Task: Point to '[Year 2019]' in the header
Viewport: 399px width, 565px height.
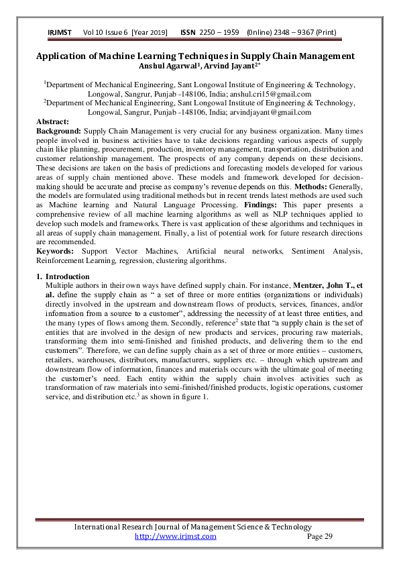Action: coord(151,32)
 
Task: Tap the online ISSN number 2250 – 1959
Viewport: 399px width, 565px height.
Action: coord(218,32)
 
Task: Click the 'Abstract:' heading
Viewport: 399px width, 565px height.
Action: coord(52,121)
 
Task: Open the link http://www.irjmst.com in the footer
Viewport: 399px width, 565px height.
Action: coord(175,536)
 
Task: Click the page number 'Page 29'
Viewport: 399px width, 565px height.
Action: coord(319,536)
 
